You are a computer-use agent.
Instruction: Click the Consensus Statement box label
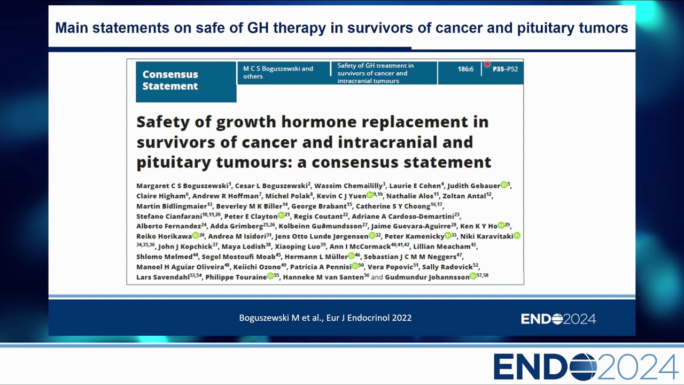[x=170, y=80]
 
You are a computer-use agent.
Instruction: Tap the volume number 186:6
[x=465, y=69]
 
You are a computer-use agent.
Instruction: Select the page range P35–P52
[x=505, y=69]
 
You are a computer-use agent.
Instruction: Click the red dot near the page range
[x=487, y=64]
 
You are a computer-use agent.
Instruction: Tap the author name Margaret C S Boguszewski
[x=182, y=186]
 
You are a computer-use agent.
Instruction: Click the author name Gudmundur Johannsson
[x=427, y=277]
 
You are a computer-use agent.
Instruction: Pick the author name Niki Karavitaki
[x=486, y=236]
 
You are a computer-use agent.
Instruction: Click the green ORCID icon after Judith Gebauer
[x=504, y=184]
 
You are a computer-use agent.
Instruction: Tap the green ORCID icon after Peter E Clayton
[x=281, y=215]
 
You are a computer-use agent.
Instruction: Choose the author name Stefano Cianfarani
[x=169, y=217]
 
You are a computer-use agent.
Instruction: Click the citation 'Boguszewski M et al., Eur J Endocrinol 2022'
[x=325, y=318]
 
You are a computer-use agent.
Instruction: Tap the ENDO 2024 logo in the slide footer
[x=558, y=319]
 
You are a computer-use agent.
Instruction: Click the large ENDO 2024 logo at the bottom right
[x=585, y=367]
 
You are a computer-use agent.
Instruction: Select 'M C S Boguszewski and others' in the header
[x=278, y=72]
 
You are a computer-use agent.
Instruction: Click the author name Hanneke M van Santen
[x=323, y=277]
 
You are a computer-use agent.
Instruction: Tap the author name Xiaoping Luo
[x=298, y=247]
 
